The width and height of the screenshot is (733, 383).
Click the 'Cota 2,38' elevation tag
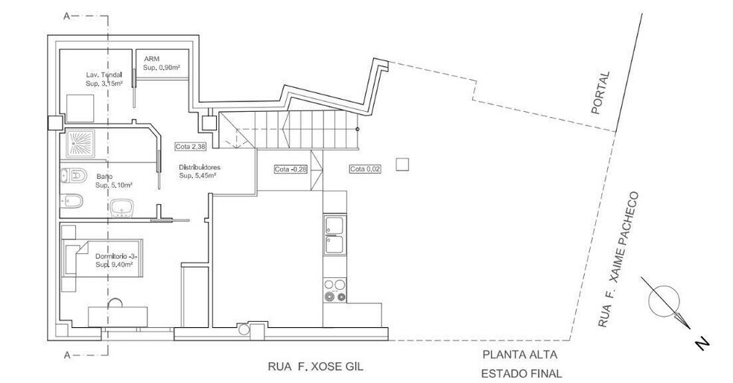point(190,146)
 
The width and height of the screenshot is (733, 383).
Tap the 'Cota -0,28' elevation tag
point(291,169)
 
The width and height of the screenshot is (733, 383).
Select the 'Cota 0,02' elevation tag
point(364,169)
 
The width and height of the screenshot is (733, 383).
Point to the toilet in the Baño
point(74,176)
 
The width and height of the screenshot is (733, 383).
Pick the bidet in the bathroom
point(72,201)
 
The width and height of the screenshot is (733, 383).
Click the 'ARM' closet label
point(151,59)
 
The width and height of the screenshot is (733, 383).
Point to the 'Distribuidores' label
point(200,167)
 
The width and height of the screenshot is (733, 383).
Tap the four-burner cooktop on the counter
point(334,290)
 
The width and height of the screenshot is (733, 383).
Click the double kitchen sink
point(334,235)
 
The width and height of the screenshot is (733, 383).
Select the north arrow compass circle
point(664,301)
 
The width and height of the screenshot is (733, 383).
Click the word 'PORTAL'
point(600,92)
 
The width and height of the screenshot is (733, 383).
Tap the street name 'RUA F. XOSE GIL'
point(316,366)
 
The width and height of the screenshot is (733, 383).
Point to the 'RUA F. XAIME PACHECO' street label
point(617,259)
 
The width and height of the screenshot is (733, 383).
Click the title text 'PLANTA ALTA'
point(520,355)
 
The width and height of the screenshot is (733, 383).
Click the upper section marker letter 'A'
point(67,16)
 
